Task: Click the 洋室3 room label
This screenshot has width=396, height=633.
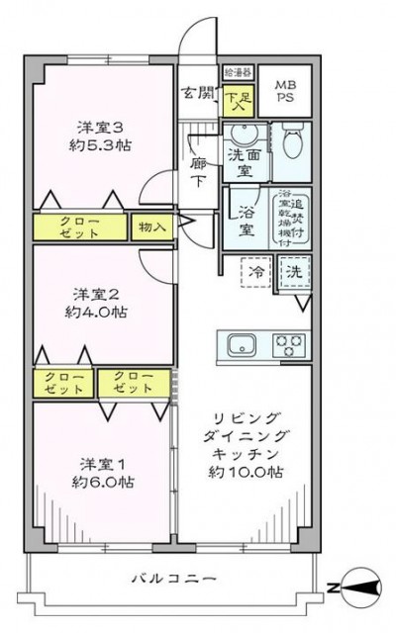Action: [x=102, y=136]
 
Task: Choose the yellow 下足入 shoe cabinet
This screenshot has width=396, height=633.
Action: [x=239, y=98]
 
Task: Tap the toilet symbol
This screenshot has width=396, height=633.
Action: [x=292, y=144]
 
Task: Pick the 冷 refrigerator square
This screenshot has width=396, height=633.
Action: [x=254, y=271]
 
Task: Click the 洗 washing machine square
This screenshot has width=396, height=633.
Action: [x=295, y=271]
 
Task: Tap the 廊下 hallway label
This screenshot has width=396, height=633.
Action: [x=198, y=174]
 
